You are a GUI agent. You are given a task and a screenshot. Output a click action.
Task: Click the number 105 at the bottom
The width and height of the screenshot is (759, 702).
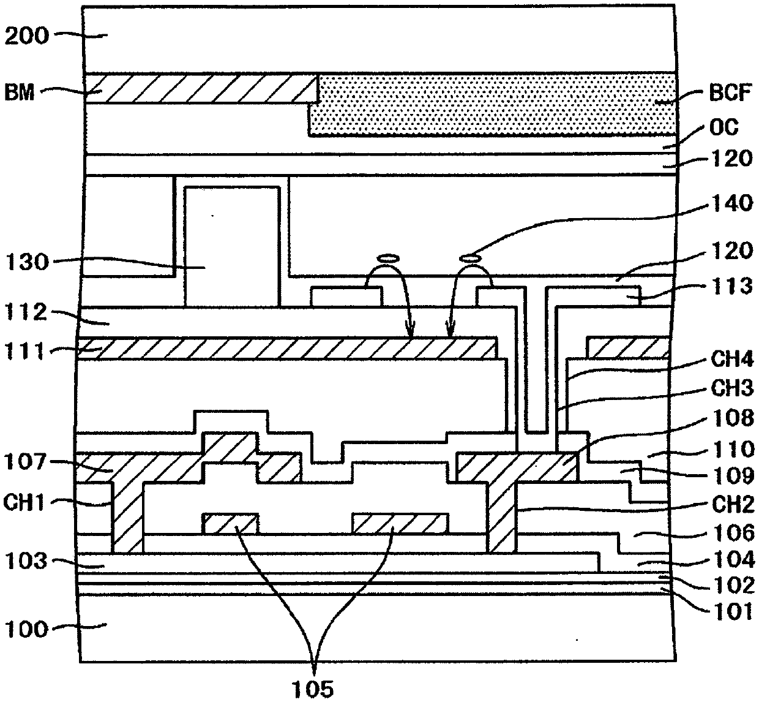point(313,689)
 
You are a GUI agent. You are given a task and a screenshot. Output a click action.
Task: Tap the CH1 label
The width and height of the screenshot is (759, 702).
point(25,503)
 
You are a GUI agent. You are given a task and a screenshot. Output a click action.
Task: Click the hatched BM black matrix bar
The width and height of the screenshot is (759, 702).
point(202,88)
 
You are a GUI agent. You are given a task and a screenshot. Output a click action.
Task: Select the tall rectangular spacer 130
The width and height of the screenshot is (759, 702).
point(231,245)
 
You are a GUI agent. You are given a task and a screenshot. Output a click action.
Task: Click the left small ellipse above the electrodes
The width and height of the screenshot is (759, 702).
point(387,259)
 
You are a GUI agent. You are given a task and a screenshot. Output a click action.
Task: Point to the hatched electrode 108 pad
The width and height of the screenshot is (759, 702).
point(517,467)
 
